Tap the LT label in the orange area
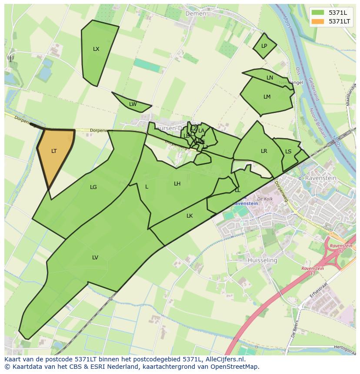click(54, 151)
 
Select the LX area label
click(96, 49)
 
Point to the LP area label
click(264, 46)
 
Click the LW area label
click(133, 104)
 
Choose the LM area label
click(267, 97)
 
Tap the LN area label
click(270, 78)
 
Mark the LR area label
click(264, 151)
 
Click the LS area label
click(288, 152)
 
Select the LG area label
click(93, 187)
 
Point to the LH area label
click(177, 184)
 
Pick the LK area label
click(190, 216)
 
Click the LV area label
click(95, 258)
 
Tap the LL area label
click(237, 190)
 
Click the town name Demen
click(196, 13)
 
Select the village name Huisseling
click(262, 260)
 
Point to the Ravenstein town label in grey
click(318, 178)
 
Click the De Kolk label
click(264, 199)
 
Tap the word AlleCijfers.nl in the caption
click(224, 359)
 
